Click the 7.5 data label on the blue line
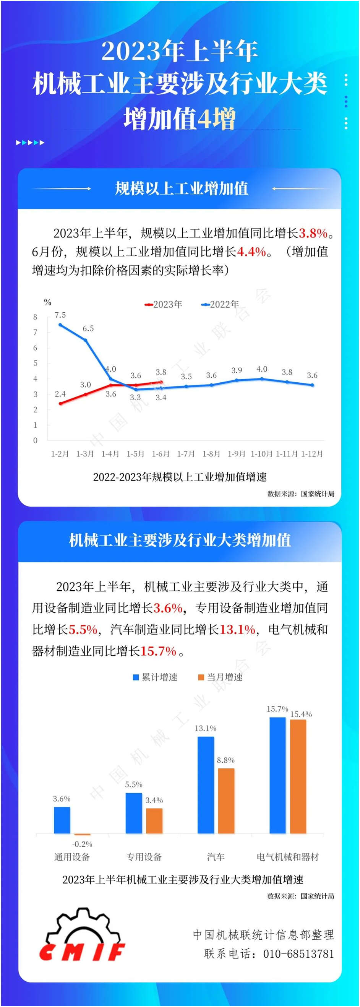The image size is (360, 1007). pos(60,315)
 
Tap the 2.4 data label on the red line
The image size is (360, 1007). pos(60,394)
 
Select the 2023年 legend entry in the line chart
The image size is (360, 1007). pos(164,304)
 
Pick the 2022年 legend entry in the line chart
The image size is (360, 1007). pos(220,304)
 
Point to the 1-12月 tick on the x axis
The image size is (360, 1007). pos(312,453)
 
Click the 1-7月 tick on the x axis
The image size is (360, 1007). pos(186,453)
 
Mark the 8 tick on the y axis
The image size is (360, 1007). pos(35,317)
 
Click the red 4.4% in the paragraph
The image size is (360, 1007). pos(251,252)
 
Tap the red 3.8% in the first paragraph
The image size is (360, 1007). pos(313,233)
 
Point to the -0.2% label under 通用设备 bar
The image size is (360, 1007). pos(82,844)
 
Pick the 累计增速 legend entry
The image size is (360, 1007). pos(156,677)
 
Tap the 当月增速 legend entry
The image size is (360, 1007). pos(221,677)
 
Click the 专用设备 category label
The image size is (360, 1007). pos(144,857)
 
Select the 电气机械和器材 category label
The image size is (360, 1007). pos(288,857)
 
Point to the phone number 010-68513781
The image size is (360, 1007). pos(298,954)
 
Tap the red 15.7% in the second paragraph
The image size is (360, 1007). pos(158,651)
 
